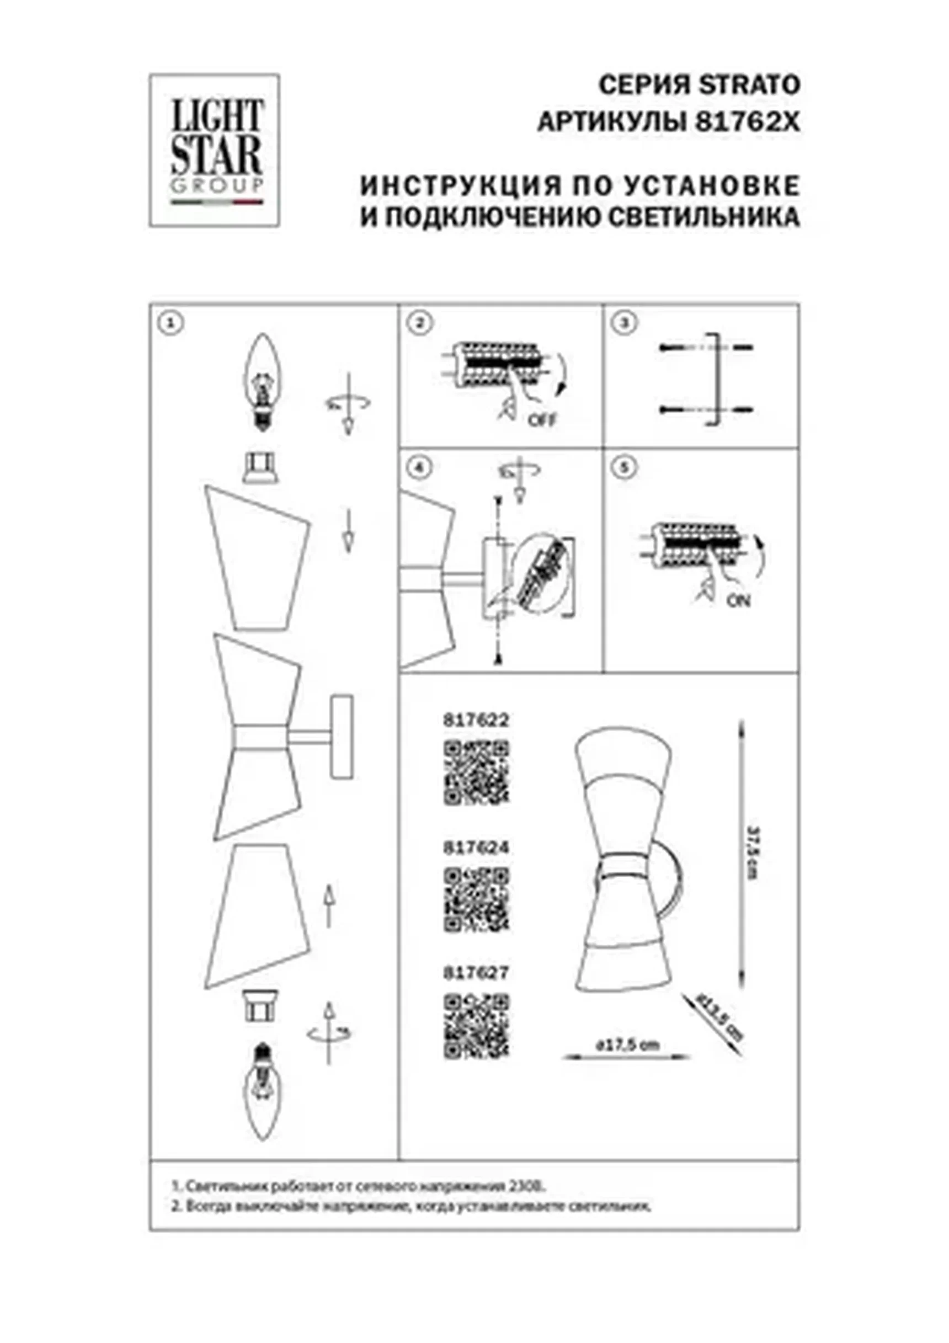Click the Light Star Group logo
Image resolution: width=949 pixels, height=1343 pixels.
pyautogui.click(x=214, y=150)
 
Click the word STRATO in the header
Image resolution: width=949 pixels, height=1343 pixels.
pyautogui.click(x=749, y=86)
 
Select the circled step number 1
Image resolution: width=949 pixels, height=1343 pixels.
pyautogui.click(x=172, y=323)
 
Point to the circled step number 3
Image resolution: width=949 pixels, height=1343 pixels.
pyautogui.click(x=626, y=323)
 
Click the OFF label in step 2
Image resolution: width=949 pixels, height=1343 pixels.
pyautogui.click(x=542, y=419)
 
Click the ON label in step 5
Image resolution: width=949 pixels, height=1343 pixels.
pyautogui.click(x=738, y=600)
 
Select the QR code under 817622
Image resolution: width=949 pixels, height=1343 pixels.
pyautogui.click(x=476, y=772)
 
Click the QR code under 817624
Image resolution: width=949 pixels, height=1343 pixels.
pyautogui.click(x=476, y=898)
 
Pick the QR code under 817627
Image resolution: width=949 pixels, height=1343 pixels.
pyautogui.click(x=476, y=1025)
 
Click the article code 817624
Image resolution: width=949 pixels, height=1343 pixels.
pyautogui.click(x=476, y=848)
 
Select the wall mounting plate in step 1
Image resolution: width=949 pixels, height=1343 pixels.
pyautogui.click(x=341, y=737)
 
